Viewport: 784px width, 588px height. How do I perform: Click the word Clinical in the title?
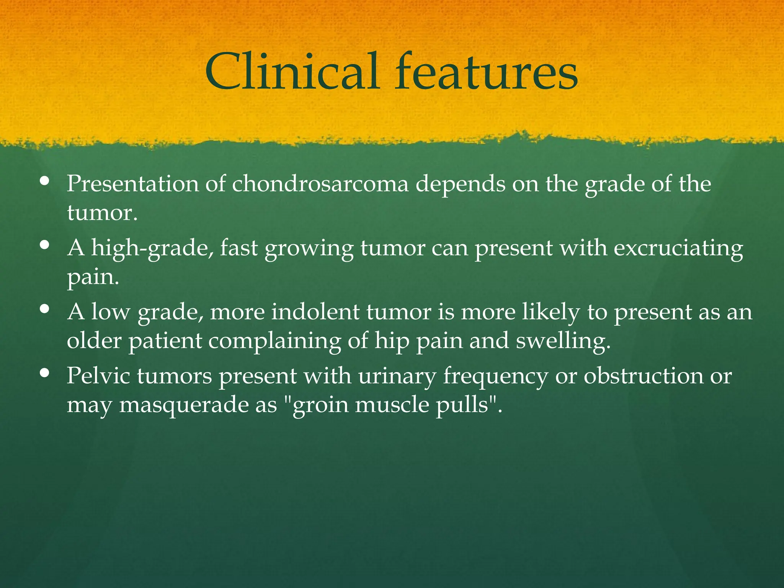[x=292, y=72]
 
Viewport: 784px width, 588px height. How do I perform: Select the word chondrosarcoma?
[x=320, y=184]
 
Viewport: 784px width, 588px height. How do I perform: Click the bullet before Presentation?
[x=45, y=181]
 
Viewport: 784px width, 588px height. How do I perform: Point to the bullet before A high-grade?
[x=45, y=245]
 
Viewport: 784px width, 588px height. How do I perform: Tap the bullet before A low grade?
[x=45, y=309]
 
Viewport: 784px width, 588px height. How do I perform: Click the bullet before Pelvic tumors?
[x=45, y=373]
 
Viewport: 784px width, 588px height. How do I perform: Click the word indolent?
[x=315, y=312]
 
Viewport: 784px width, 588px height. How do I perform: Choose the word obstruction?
[x=643, y=376]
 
